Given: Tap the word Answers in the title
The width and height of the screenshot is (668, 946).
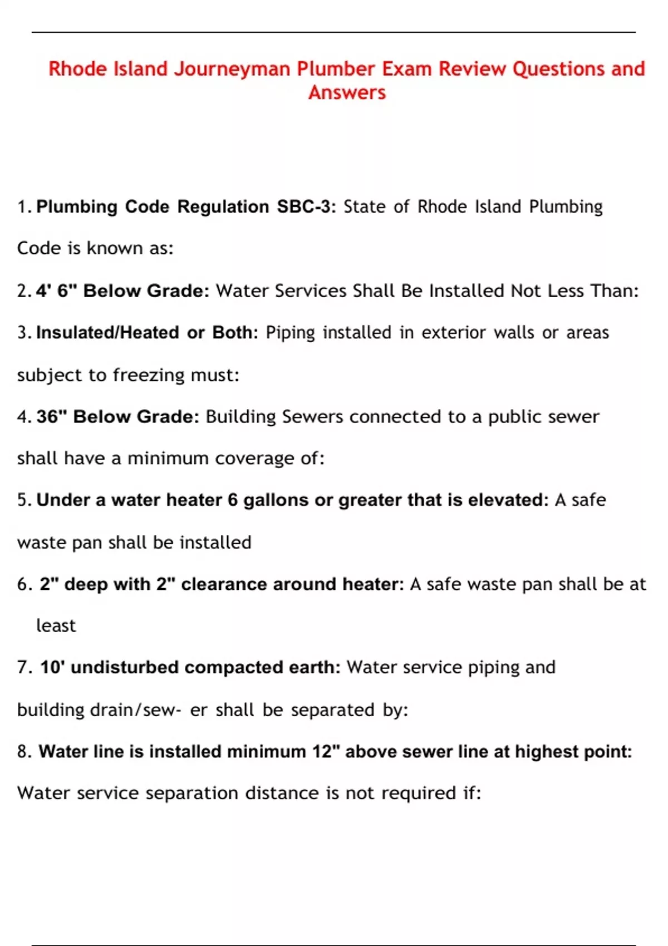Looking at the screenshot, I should pos(347,92).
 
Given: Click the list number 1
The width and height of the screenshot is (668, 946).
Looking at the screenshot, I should pos(23,207).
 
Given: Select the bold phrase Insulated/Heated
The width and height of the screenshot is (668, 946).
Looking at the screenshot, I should pos(107,332).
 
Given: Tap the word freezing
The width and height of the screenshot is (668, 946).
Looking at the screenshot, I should pos(149,375).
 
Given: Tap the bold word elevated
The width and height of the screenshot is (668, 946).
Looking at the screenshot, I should pos(508,500).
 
